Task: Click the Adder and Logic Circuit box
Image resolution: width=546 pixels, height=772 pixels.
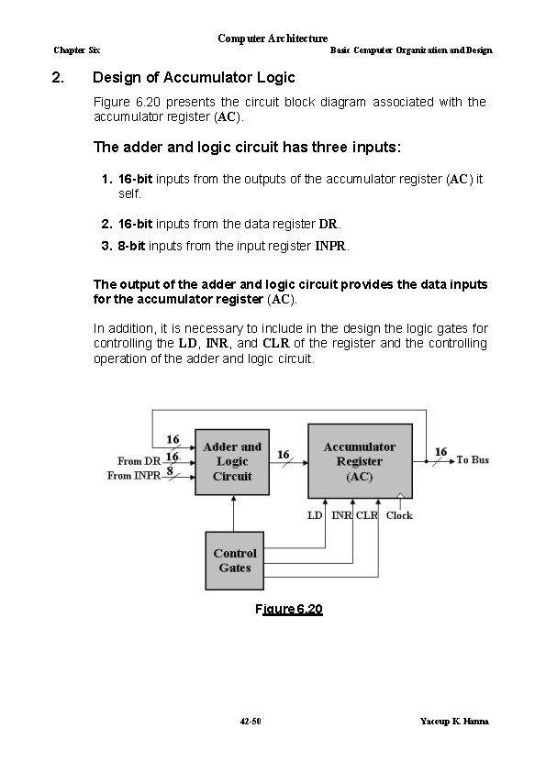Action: [232, 462]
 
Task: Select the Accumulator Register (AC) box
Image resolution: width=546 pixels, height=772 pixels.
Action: [360, 461]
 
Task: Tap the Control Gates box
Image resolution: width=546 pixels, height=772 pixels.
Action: [235, 561]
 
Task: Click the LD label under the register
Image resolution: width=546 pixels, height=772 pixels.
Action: [315, 515]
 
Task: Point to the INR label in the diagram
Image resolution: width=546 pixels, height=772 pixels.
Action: [341, 515]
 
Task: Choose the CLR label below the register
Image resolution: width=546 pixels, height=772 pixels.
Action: [367, 515]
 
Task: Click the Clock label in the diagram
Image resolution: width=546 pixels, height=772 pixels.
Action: [399, 515]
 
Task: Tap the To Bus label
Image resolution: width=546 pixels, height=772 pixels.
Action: [473, 460]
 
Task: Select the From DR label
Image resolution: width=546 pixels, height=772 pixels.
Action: [139, 461]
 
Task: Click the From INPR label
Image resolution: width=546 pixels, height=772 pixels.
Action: [134, 476]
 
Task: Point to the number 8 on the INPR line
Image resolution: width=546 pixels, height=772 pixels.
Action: [170, 470]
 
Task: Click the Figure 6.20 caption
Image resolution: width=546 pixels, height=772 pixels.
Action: [289, 609]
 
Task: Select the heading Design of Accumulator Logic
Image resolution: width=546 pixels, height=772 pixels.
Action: [194, 77]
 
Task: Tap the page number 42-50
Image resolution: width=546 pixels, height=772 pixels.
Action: [251, 722]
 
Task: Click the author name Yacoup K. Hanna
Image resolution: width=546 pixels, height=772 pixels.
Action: [454, 722]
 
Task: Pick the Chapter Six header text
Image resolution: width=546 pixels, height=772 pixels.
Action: [77, 50]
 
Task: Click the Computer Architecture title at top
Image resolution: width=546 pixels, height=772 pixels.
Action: [273, 39]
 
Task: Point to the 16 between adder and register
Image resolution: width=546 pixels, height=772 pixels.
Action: [284, 455]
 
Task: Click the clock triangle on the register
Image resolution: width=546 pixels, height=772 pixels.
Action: [401, 495]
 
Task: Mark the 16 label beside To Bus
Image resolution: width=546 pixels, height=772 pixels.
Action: [441, 451]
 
